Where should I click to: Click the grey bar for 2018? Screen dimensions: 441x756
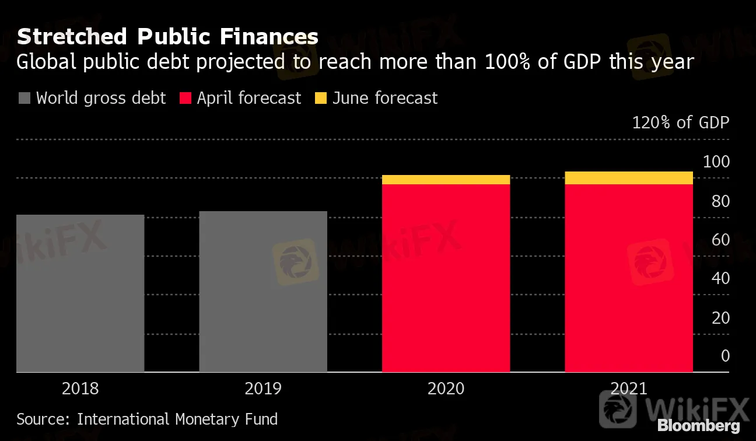[x=80, y=293]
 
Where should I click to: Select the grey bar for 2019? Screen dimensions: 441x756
[x=263, y=292]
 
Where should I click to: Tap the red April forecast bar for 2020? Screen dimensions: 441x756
[x=446, y=278]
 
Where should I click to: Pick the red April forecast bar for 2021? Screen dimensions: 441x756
[x=629, y=278]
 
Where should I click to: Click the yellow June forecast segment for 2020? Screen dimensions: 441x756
[x=446, y=180]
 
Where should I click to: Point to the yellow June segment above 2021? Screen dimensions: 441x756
[x=629, y=178]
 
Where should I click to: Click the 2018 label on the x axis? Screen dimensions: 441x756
[x=80, y=388]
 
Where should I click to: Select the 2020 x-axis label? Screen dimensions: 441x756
[x=446, y=388]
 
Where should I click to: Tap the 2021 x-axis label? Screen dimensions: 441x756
[x=629, y=388]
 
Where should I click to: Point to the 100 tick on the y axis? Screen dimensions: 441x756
[x=716, y=162]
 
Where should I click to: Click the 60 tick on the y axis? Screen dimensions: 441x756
[x=720, y=240]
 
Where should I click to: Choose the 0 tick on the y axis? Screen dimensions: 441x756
[x=725, y=356]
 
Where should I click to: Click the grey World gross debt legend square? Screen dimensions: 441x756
[x=24, y=98]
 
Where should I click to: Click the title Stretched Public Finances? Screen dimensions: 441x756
[x=167, y=37]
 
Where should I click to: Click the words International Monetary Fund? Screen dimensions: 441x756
[x=177, y=419]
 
